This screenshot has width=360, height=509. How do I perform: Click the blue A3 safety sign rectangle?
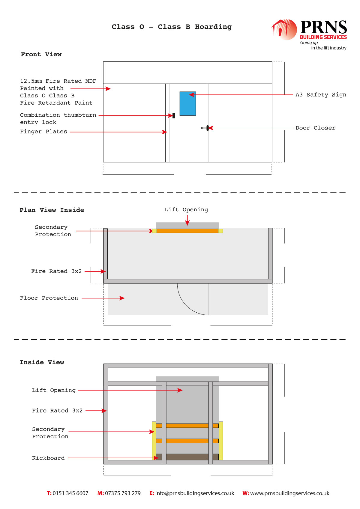[x=187, y=104]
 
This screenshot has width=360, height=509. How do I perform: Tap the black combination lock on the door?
[x=174, y=116]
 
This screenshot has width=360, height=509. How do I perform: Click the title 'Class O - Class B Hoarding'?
[x=172, y=27]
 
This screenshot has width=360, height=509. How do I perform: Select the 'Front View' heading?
[x=41, y=54]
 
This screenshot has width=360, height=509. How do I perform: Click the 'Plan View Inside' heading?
[x=52, y=210]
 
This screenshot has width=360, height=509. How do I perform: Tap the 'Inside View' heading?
[x=42, y=362]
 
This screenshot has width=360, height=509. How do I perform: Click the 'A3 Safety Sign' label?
[x=321, y=95]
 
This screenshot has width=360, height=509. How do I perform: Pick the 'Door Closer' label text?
[x=315, y=128]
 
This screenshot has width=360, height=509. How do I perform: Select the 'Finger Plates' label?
[x=44, y=132]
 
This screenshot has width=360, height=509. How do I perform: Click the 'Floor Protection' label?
[x=49, y=298]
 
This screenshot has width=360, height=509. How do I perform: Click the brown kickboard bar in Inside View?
[x=187, y=457]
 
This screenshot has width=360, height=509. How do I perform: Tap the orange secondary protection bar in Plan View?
[x=187, y=231]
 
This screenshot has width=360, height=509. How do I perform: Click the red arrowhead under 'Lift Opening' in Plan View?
[x=187, y=223]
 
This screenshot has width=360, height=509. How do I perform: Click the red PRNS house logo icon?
[x=284, y=30]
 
